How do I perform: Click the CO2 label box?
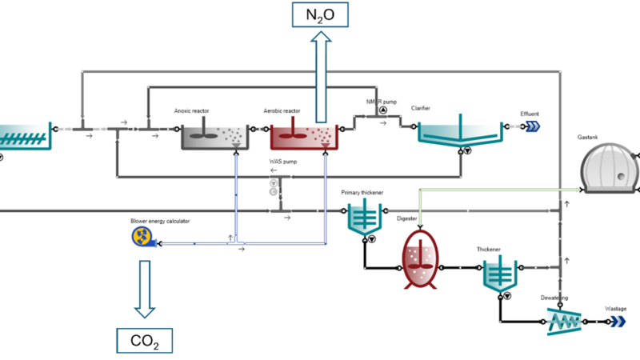144,342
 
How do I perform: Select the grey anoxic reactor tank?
214,138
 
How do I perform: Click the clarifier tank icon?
460,132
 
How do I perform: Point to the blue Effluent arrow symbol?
530,126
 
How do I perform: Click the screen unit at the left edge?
22,135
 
